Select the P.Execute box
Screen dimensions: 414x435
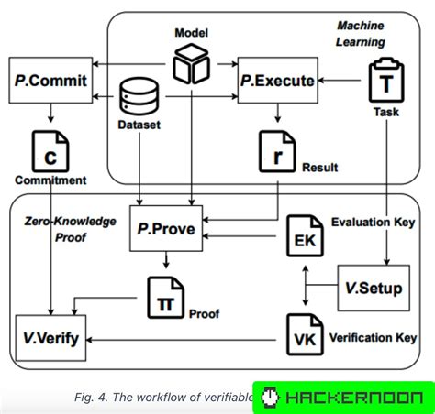pos(276,82)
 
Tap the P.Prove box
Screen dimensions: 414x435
pos(165,229)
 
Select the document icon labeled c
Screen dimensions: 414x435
pos(50,150)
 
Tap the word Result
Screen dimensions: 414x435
pos(320,168)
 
